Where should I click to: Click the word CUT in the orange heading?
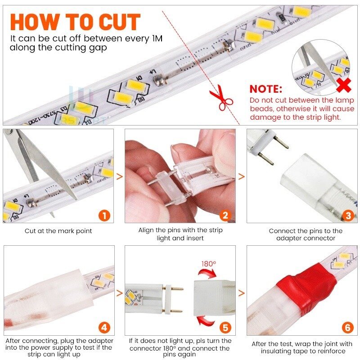120,22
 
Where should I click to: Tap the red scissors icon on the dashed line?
220,98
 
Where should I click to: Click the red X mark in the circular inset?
344,85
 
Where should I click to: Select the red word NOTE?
266,89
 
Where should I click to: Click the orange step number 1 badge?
104,216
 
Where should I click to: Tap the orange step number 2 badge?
225,216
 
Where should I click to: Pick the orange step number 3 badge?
348,216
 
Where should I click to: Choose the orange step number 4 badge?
104,328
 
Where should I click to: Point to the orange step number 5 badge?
225,328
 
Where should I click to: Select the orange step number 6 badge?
347,328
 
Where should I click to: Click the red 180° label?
209,264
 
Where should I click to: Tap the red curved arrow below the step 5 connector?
205,321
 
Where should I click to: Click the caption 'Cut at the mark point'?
58,231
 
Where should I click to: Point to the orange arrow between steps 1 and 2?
120,176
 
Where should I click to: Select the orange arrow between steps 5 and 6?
242,293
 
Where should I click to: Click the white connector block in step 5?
214,298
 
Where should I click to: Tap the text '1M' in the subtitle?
157,38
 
